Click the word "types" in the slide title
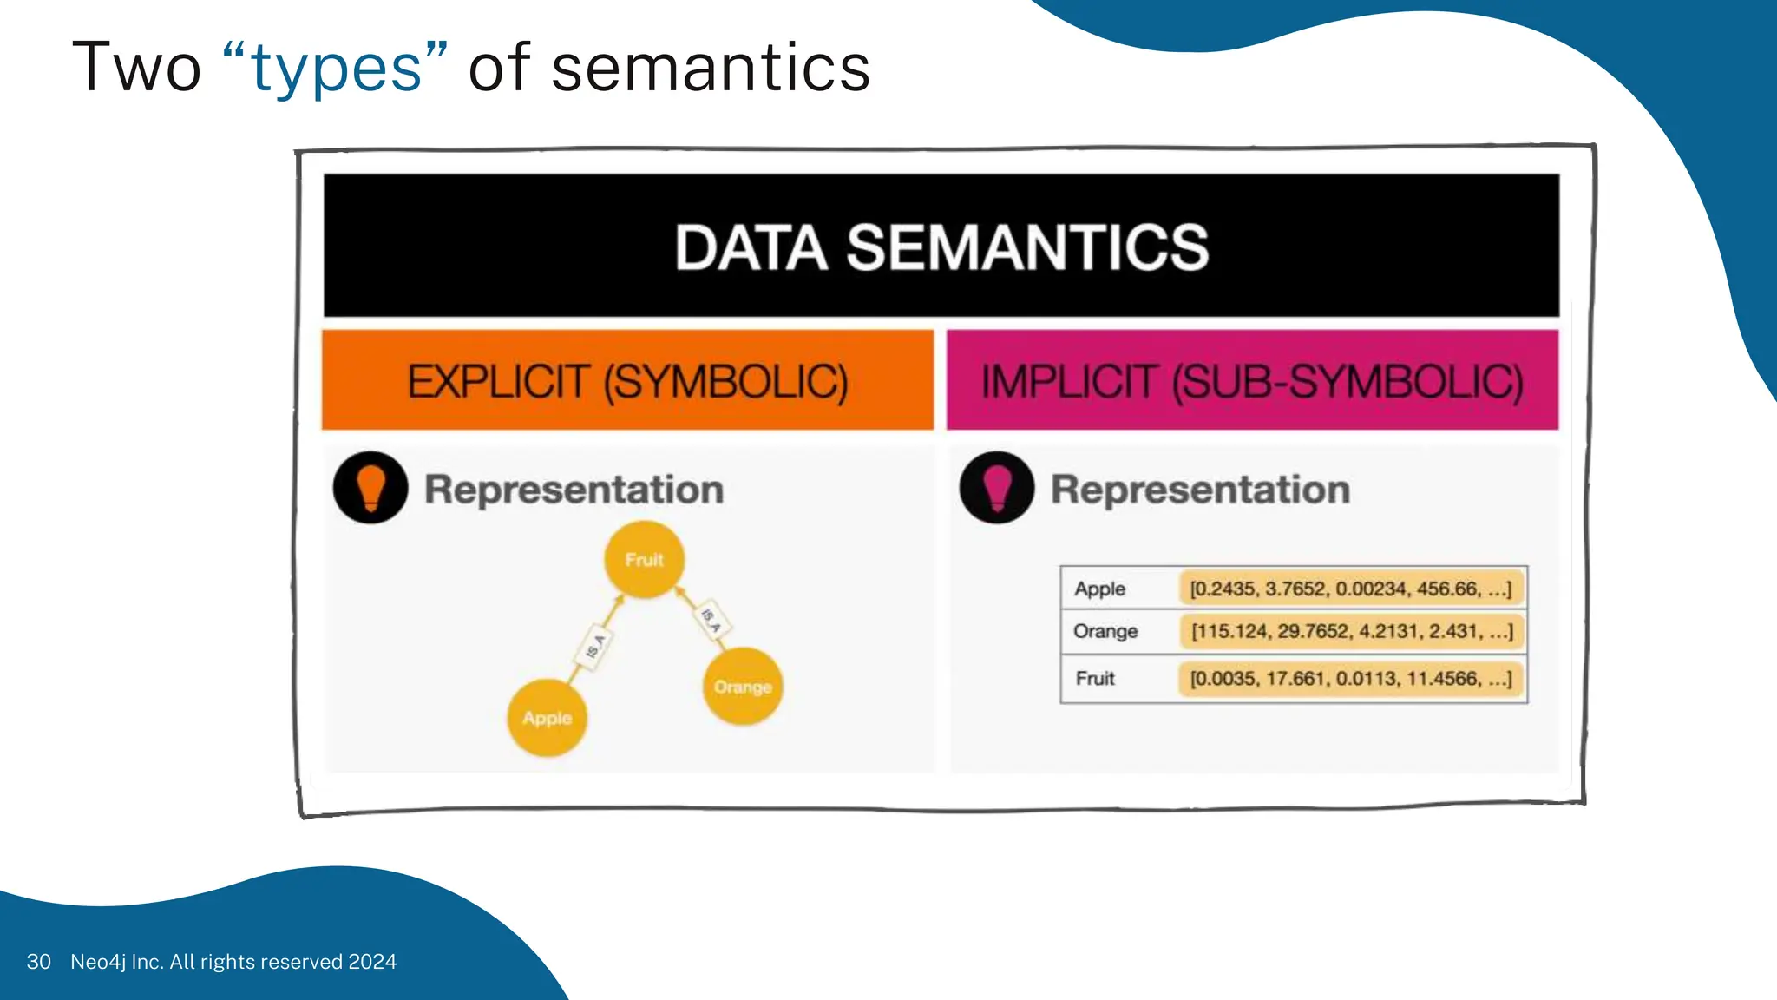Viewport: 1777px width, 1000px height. [337, 69]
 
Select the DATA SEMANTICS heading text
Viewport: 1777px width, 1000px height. [941, 247]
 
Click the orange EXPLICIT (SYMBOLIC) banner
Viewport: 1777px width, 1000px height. [627, 381]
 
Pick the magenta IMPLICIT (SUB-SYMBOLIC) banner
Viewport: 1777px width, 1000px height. [1252, 381]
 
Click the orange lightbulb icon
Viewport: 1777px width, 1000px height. [370, 487]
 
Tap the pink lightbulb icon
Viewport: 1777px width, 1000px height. [997, 487]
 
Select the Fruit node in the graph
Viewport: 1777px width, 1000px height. [644, 560]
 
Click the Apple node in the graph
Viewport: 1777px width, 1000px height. [547, 718]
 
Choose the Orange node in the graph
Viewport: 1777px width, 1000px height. [743, 687]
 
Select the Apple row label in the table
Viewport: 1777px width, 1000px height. [1099, 589]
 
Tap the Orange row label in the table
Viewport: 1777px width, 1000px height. [1105, 631]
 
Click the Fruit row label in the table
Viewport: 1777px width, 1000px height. [1095, 678]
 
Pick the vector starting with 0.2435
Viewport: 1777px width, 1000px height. [1350, 589]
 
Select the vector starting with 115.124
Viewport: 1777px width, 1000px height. [1351, 631]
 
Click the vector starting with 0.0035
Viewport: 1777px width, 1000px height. [1350, 678]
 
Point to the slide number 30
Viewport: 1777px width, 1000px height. [38, 962]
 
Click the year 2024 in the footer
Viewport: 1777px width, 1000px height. [372, 962]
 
